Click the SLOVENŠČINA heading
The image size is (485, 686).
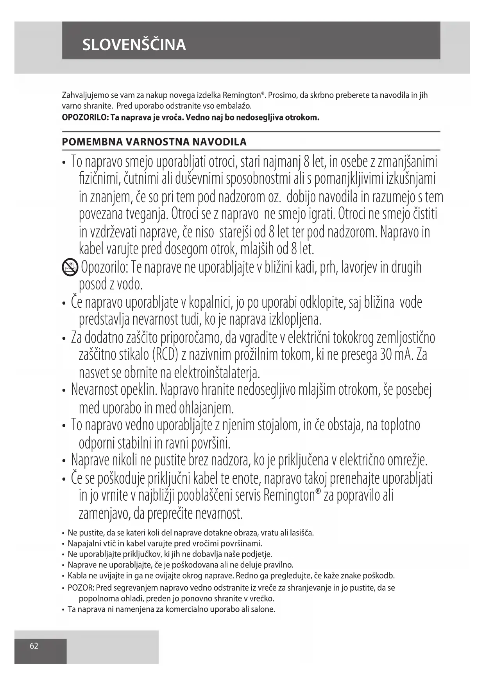point(134,45)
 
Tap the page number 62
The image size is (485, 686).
point(34,646)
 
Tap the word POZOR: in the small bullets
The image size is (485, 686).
point(81,587)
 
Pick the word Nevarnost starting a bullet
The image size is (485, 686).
point(95,390)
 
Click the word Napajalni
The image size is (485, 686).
point(83,543)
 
